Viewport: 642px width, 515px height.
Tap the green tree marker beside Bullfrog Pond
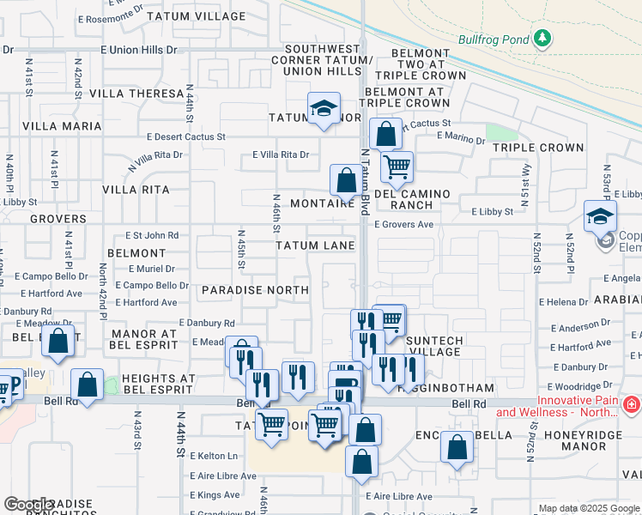(x=541, y=39)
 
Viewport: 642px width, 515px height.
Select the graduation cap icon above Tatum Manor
(x=323, y=109)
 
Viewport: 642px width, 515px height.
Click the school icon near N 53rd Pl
(x=600, y=215)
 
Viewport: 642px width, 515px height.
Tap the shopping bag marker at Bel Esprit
(x=58, y=341)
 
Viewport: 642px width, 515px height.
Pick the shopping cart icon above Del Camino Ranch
(x=396, y=167)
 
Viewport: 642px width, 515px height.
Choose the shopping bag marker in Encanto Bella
(x=457, y=446)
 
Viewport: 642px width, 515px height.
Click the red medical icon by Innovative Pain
(x=631, y=404)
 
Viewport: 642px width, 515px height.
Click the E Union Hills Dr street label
(x=139, y=51)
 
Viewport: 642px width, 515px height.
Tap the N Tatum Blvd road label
(x=365, y=181)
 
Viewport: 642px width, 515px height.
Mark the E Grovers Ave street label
(x=403, y=225)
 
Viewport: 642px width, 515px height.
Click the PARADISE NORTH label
(x=255, y=290)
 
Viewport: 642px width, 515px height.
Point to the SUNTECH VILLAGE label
(x=434, y=347)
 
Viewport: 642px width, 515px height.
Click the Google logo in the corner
(x=29, y=505)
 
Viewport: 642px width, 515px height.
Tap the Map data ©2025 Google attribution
(x=589, y=508)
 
